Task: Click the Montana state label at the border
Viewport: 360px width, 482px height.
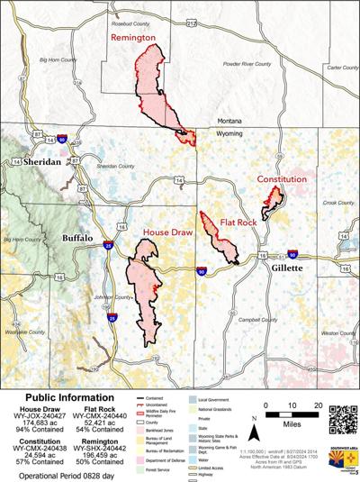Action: (233, 120)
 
